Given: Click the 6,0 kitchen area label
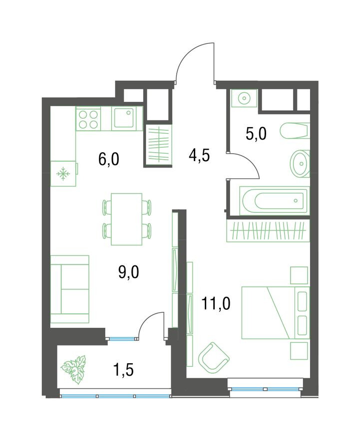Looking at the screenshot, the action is click(x=109, y=159).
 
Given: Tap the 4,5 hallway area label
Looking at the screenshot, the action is click(x=199, y=155).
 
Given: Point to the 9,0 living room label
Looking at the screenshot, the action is click(x=129, y=272).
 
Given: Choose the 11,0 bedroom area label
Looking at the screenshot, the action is click(x=216, y=304).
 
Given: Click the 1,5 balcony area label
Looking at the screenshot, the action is click(x=123, y=370).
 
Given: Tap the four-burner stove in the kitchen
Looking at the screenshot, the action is click(x=88, y=119).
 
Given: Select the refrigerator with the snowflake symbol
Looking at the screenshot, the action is click(x=64, y=174).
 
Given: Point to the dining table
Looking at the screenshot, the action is click(x=127, y=219).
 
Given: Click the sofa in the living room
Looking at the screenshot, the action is click(x=70, y=289).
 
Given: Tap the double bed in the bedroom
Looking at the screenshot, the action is click(x=276, y=313).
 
